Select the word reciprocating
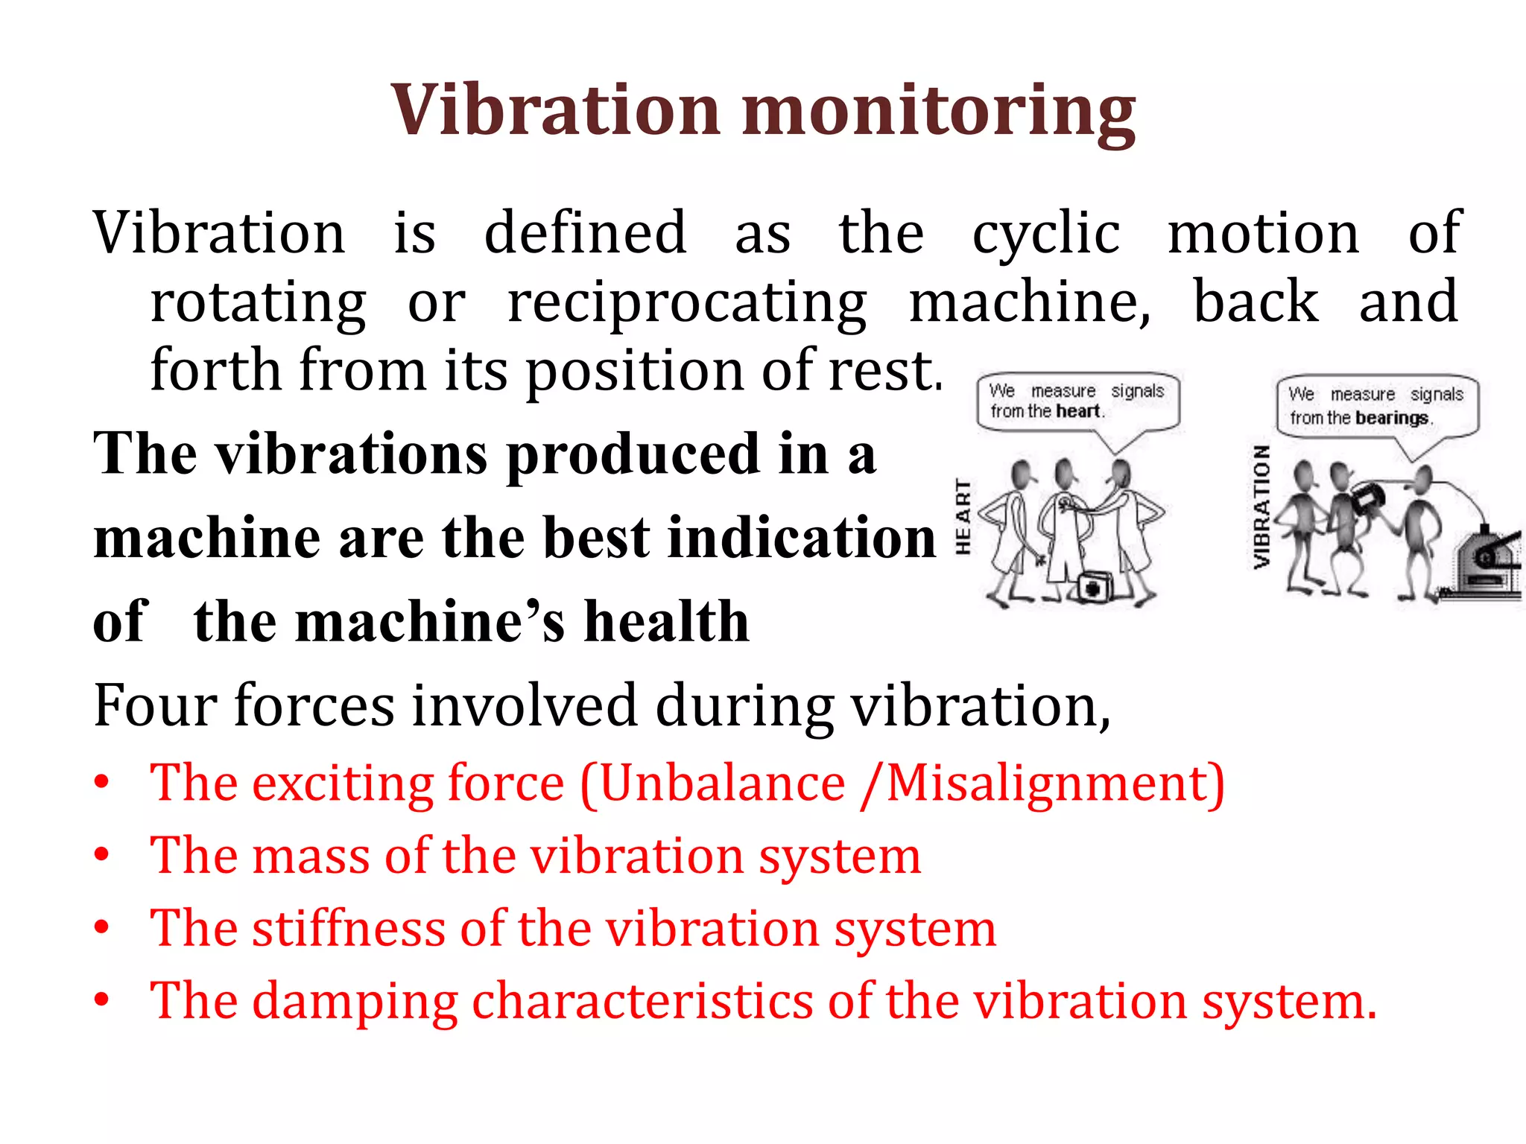(x=686, y=304)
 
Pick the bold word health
(x=666, y=621)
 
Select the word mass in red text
(x=311, y=856)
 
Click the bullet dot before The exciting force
(x=102, y=783)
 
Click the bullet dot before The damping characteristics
(x=102, y=1000)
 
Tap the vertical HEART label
(x=963, y=517)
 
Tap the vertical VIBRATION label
(x=1261, y=506)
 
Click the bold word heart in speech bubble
(x=1077, y=411)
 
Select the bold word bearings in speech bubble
(x=1391, y=418)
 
